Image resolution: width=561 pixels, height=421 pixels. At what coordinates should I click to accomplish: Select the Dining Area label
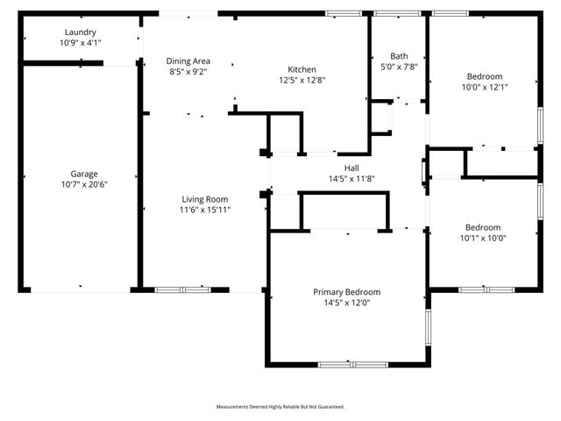coord(188,61)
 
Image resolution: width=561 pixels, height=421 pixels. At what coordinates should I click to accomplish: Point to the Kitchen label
coord(302,69)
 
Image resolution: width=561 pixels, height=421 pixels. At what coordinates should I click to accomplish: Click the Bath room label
coord(398,54)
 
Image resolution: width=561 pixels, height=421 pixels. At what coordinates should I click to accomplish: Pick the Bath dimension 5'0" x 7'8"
coord(398,65)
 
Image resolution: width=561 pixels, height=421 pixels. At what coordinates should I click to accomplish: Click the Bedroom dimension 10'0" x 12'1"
coord(485,86)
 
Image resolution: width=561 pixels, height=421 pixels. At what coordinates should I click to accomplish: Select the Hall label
coord(351,168)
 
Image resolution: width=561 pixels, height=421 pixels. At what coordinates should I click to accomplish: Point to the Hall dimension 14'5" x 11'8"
coord(351,178)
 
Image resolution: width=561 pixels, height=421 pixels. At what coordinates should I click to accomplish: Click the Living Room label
coord(205,199)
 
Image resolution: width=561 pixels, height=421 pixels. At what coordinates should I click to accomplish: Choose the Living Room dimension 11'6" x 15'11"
coord(205,210)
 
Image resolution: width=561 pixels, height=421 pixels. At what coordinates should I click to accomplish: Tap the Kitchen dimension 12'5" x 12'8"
coord(302,80)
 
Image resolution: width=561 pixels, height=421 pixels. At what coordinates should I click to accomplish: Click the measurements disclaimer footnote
coord(280,407)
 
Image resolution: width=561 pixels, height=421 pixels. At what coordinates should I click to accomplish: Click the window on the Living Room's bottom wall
coord(182,289)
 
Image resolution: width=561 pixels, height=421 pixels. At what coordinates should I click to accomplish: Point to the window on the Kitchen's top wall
coord(344,14)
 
